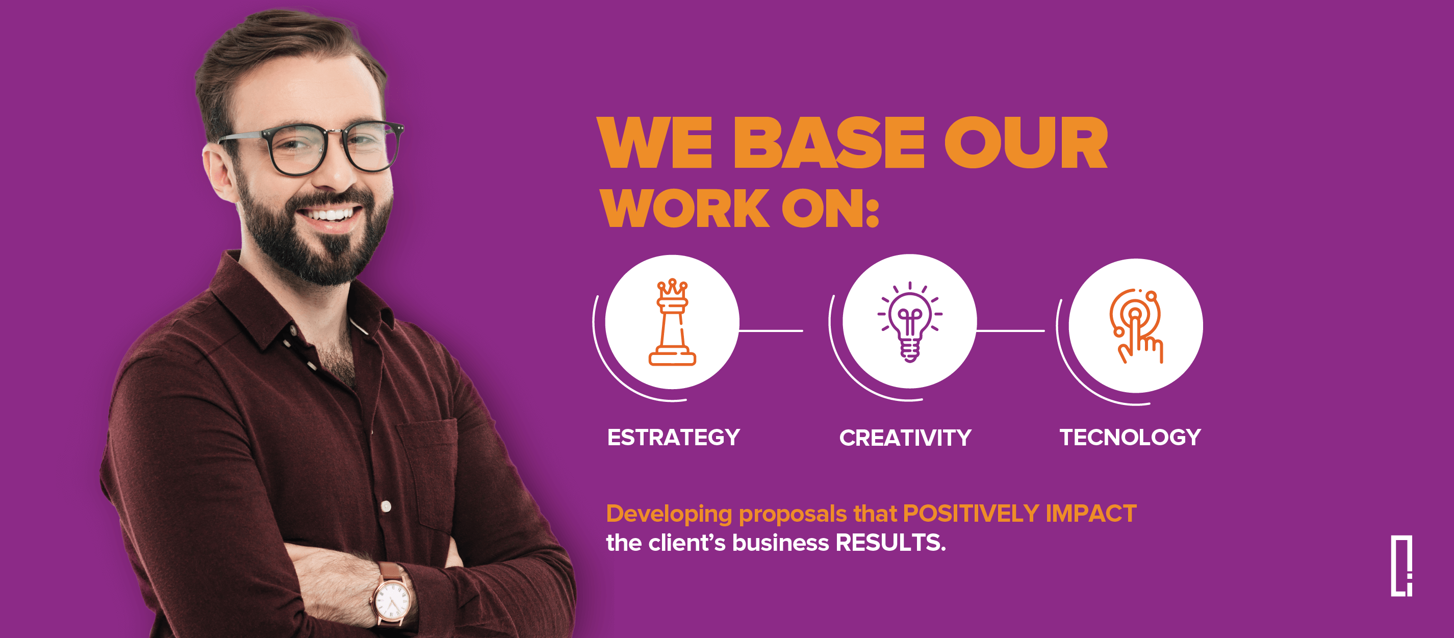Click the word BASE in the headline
click(829, 142)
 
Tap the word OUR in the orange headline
click(1026, 142)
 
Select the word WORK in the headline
click(686, 209)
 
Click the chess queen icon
click(672, 322)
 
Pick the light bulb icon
click(909, 321)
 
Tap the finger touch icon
click(1136, 326)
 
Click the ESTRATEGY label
click(673, 438)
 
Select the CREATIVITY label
click(905, 438)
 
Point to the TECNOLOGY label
click(1130, 438)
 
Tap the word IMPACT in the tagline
click(1091, 514)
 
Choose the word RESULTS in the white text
click(890, 543)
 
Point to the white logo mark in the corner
click(1401, 566)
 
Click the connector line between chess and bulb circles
click(771, 330)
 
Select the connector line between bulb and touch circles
click(1010, 330)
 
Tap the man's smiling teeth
click(329, 215)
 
